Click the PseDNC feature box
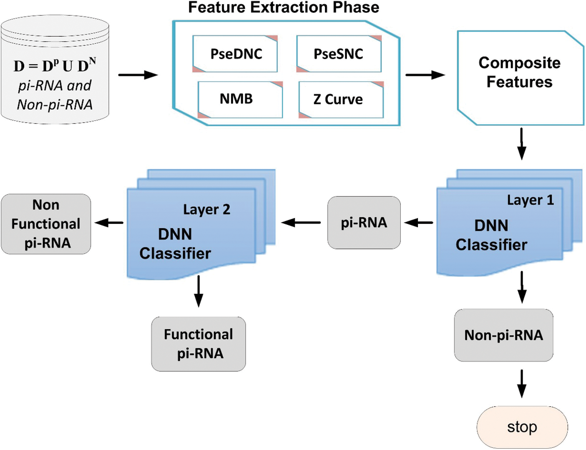tap(235, 54)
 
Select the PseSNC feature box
tap(339, 54)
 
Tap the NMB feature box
tap(240, 99)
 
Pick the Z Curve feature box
tap(341, 100)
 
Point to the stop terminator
tap(522, 427)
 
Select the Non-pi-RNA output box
tap(503, 335)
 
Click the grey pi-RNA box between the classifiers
tap(364, 223)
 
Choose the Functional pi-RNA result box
tap(199, 344)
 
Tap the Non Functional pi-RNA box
tap(46, 224)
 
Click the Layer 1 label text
tap(530, 200)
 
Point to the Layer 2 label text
tap(206, 209)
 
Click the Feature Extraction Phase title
tap(284, 8)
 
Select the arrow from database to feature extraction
tap(138, 75)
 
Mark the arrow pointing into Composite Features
tap(425, 75)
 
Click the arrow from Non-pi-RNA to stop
tap(521, 383)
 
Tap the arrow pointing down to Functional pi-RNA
tap(199, 291)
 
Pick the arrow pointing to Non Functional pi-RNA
tap(109, 223)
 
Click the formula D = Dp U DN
tap(55, 66)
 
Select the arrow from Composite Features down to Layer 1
tap(521, 144)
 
